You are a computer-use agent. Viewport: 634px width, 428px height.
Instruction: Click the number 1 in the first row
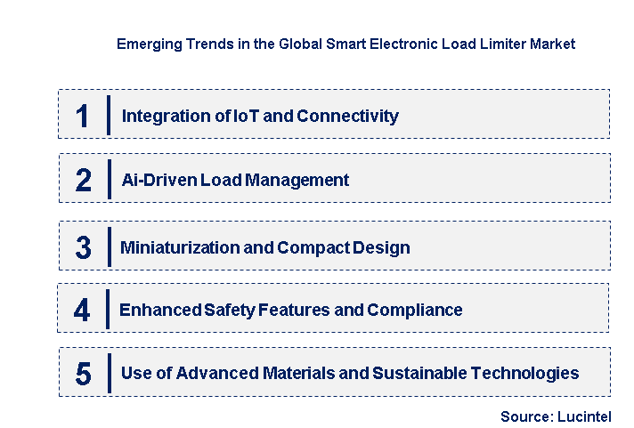[83, 116]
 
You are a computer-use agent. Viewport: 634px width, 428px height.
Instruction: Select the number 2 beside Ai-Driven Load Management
[84, 180]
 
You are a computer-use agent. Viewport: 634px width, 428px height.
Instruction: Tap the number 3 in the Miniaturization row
[83, 247]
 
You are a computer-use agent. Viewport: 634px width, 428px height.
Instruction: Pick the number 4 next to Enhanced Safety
[82, 310]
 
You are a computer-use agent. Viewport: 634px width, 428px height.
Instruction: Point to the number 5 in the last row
[83, 374]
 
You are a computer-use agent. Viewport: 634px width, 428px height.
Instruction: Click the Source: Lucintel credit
[555, 416]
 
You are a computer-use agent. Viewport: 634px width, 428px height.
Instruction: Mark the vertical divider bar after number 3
[108, 246]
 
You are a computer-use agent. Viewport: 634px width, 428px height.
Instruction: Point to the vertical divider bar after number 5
[108, 373]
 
